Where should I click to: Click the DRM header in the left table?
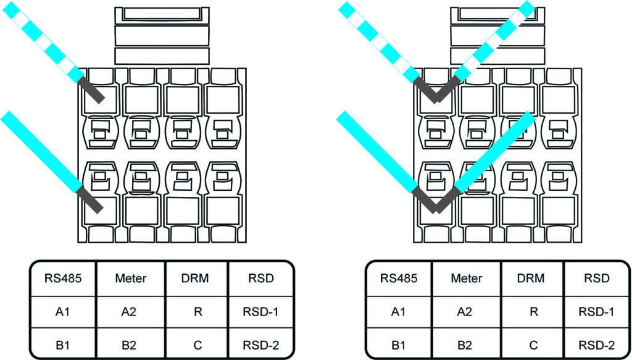[196, 278]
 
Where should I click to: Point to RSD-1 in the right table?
[596, 312]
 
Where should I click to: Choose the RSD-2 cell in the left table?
[261, 345]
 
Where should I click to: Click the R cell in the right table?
[531, 312]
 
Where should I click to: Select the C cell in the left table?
[196, 345]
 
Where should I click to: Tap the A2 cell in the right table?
[466, 312]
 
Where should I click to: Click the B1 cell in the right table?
[399, 345]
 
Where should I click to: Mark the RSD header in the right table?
[596, 278]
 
